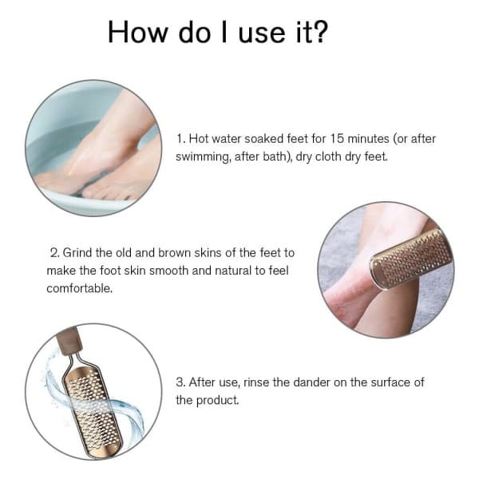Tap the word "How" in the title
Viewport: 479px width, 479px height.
coord(138,32)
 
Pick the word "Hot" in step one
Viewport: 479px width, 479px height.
coord(199,139)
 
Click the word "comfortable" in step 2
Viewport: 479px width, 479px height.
coord(79,288)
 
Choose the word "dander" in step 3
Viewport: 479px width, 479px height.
coord(311,382)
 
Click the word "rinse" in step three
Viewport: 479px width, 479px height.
coord(256,382)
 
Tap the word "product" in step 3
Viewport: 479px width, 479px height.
coord(217,400)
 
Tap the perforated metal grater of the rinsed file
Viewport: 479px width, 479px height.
coord(93,410)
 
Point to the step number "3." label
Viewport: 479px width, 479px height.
coord(180,382)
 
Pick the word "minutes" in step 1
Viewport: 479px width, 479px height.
coord(368,139)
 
